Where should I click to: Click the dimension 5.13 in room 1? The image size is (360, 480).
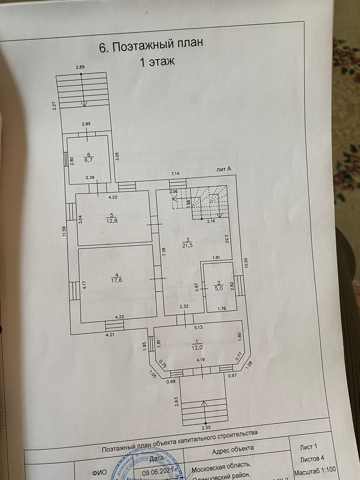click(x=198, y=327)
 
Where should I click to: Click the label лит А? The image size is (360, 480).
click(x=223, y=169)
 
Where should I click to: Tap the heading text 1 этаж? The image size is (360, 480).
click(x=157, y=62)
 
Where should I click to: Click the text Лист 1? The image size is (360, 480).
click(x=308, y=447)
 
